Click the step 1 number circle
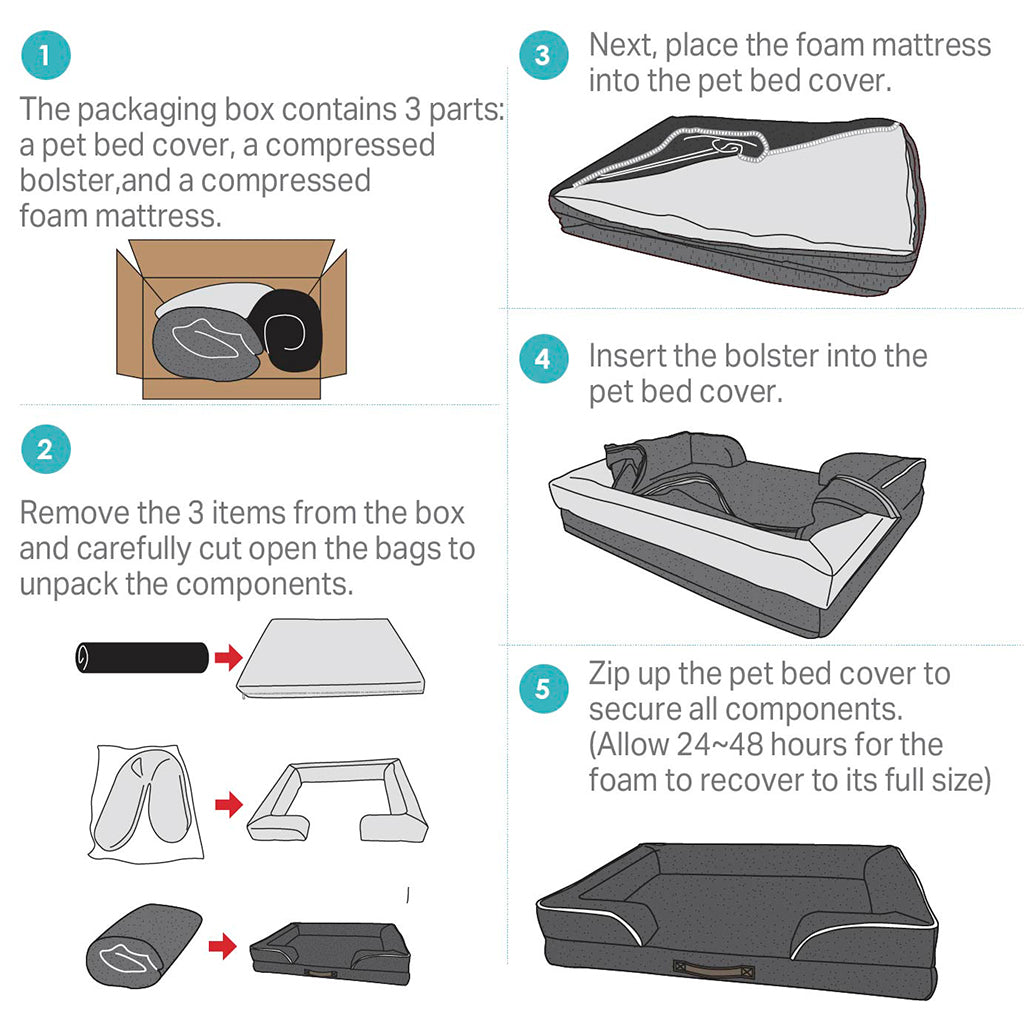(45, 54)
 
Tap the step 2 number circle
(45, 450)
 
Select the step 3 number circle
(542, 55)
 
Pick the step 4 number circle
(542, 359)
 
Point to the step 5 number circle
(542, 689)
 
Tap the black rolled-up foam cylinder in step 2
(141, 656)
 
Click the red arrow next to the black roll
(229, 657)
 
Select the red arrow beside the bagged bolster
(229, 804)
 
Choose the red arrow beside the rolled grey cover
(222, 945)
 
